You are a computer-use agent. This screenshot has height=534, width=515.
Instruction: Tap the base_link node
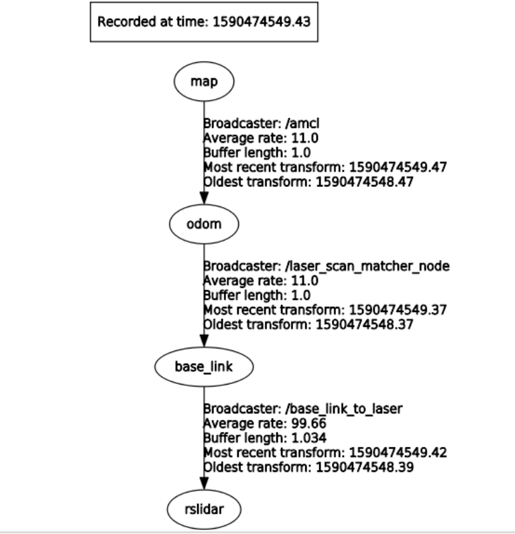click(204, 367)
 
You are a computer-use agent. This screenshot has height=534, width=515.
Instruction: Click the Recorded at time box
click(204, 21)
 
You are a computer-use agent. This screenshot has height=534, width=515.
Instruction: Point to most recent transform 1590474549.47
click(394, 167)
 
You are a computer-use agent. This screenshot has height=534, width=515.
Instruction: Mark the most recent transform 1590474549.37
click(394, 310)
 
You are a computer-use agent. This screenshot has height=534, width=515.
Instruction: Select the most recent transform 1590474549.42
click(394, 452)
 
